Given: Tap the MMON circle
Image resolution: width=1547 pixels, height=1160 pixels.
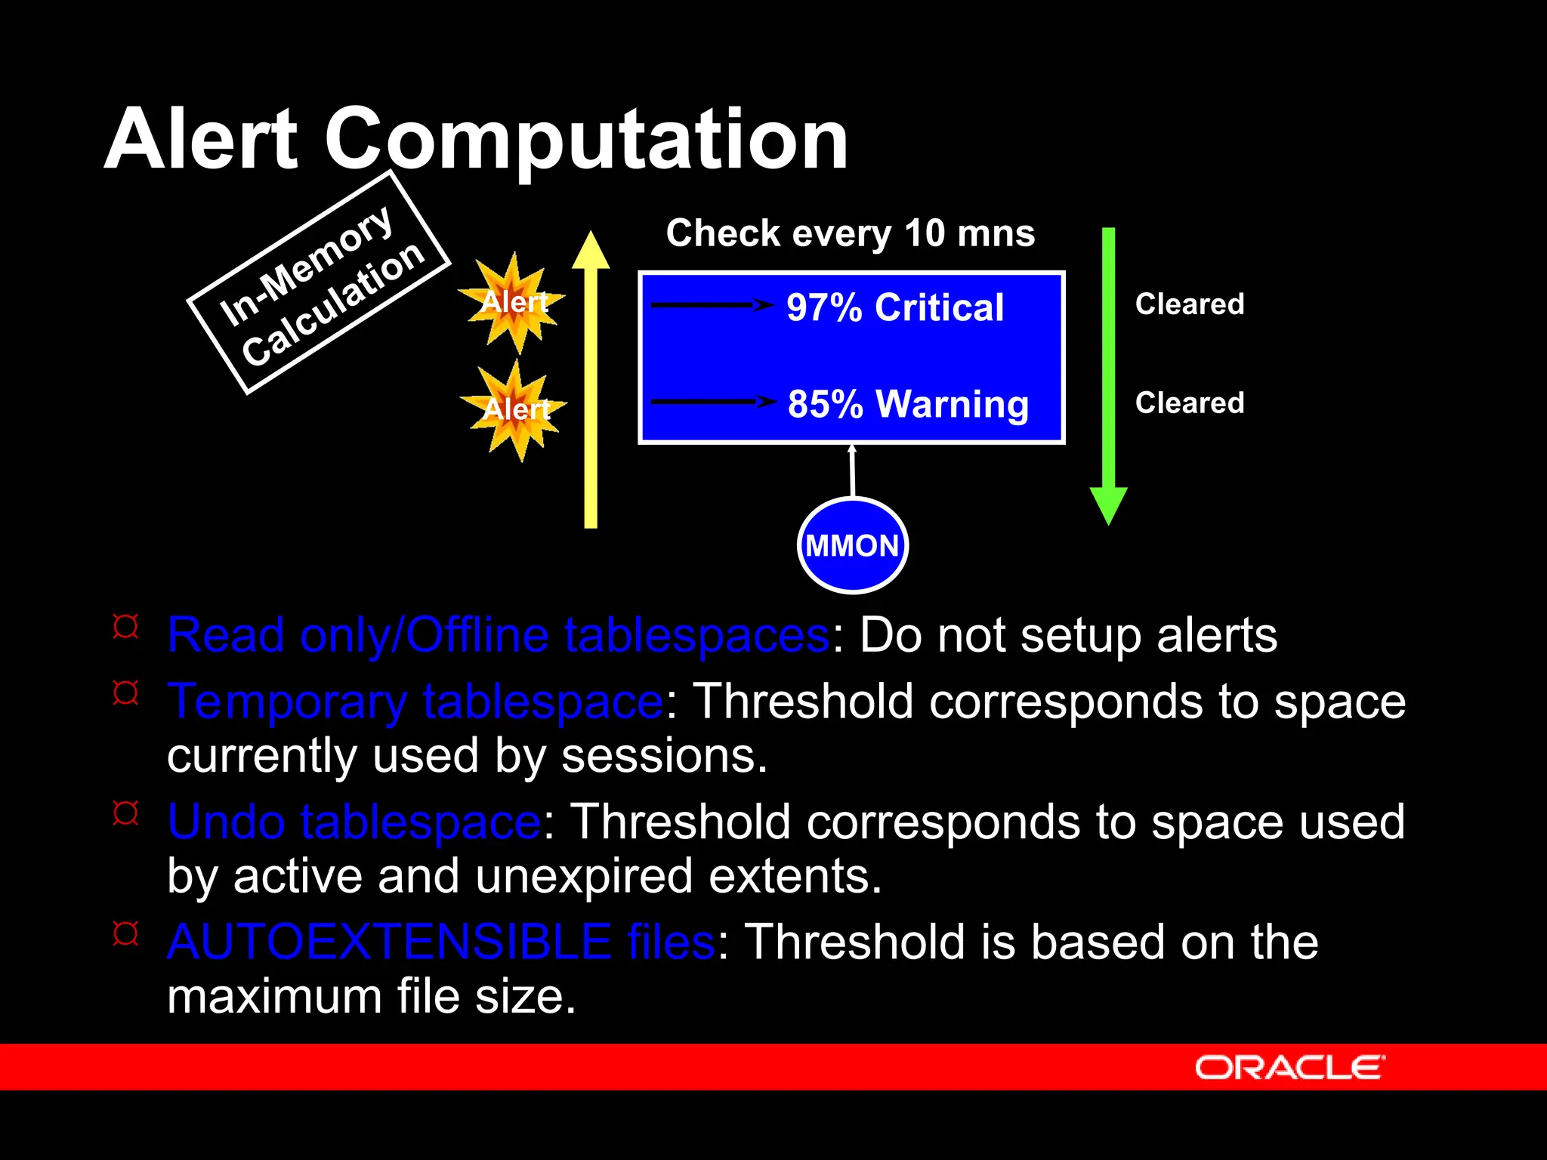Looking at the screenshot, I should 852,545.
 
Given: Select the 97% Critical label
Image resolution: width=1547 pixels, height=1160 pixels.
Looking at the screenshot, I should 895,307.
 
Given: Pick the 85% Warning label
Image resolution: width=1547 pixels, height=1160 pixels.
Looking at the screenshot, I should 907,404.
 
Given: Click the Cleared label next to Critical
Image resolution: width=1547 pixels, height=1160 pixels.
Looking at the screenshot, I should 1189,304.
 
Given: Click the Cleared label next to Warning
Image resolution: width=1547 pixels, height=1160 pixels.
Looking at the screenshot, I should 1189,403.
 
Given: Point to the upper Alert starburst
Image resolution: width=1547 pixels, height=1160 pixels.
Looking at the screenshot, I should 514,303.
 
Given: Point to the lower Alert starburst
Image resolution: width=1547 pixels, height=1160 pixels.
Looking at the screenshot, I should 517,410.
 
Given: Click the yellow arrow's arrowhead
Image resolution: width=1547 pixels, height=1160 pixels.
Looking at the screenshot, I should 591,251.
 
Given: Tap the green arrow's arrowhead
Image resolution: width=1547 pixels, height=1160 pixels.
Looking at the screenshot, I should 1108,504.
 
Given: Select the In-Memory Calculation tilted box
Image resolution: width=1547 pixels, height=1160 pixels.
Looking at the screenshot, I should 319,282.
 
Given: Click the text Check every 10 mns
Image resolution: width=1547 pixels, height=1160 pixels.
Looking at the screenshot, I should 850,233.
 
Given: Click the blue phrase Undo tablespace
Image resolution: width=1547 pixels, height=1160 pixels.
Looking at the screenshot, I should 354,822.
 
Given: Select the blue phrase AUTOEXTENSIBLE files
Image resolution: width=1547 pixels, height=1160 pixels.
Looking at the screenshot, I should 440,942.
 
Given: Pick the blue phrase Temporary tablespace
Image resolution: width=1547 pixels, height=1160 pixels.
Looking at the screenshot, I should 415,702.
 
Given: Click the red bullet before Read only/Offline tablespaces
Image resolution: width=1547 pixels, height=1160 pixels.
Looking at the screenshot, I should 125,627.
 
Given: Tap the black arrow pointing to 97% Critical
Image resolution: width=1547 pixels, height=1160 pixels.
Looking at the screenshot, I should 710,305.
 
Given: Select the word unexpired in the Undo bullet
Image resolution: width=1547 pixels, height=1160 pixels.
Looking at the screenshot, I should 583,876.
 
